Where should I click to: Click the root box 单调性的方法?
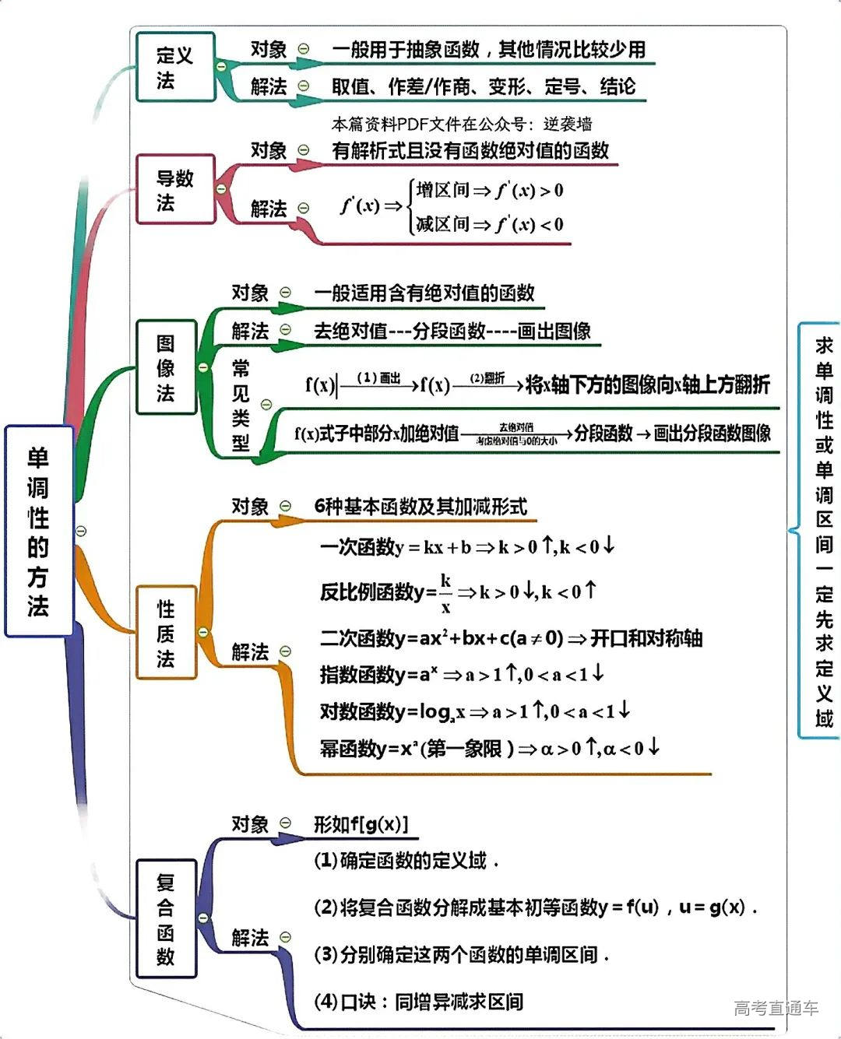click(39, 532)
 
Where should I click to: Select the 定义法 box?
click(175, 67)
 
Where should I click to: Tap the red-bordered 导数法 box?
click(175, 190)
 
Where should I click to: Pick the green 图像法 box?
click(166, 367)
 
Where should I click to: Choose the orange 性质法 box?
click(166, 633)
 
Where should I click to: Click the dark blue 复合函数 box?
click(166, 918)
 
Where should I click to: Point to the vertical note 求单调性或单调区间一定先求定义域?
click(824, 532)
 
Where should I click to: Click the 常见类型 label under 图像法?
click(241, 405)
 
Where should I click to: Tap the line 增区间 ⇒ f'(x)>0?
click(489, 191)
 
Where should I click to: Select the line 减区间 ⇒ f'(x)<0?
click(489, 225)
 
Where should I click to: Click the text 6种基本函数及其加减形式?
click(420, 507)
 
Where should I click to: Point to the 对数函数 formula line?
click(475, 711)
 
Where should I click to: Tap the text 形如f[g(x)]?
click(361, 824)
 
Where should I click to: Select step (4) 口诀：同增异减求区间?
click(418, 1002)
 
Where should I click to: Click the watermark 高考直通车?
click(776, 1009)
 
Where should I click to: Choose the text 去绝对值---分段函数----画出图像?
click(452, 332)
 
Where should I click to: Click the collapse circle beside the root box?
click(81, 532)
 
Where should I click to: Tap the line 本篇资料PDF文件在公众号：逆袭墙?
click(462, 124)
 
